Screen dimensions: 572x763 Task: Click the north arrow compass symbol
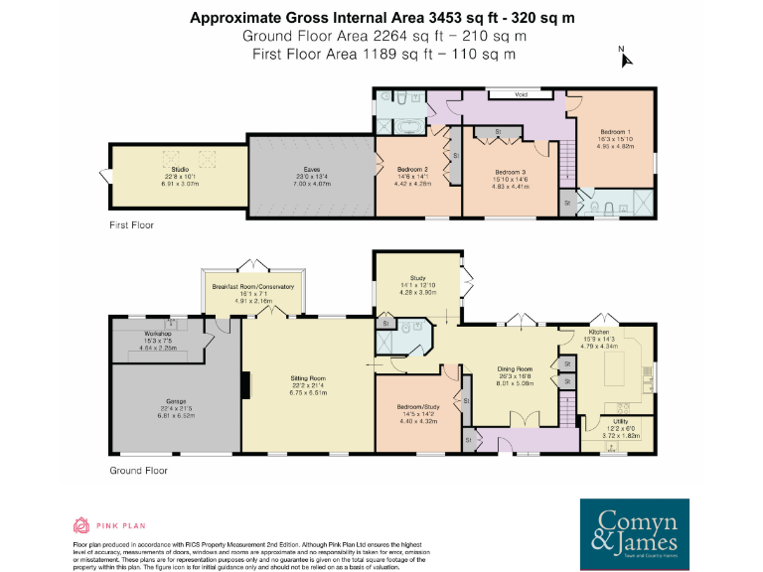point(624,57)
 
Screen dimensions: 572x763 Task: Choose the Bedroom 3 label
point(511,173)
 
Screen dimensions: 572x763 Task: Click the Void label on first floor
point(520,95)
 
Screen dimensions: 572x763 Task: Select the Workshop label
point(159,333)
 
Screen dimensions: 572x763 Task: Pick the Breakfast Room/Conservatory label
point(253,286)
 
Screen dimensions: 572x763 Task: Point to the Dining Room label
point(515,368)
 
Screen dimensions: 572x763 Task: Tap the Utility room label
point(619,422)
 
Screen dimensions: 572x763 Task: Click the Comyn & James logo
point(636,527)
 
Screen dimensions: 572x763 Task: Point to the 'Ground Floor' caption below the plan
point(135,469)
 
